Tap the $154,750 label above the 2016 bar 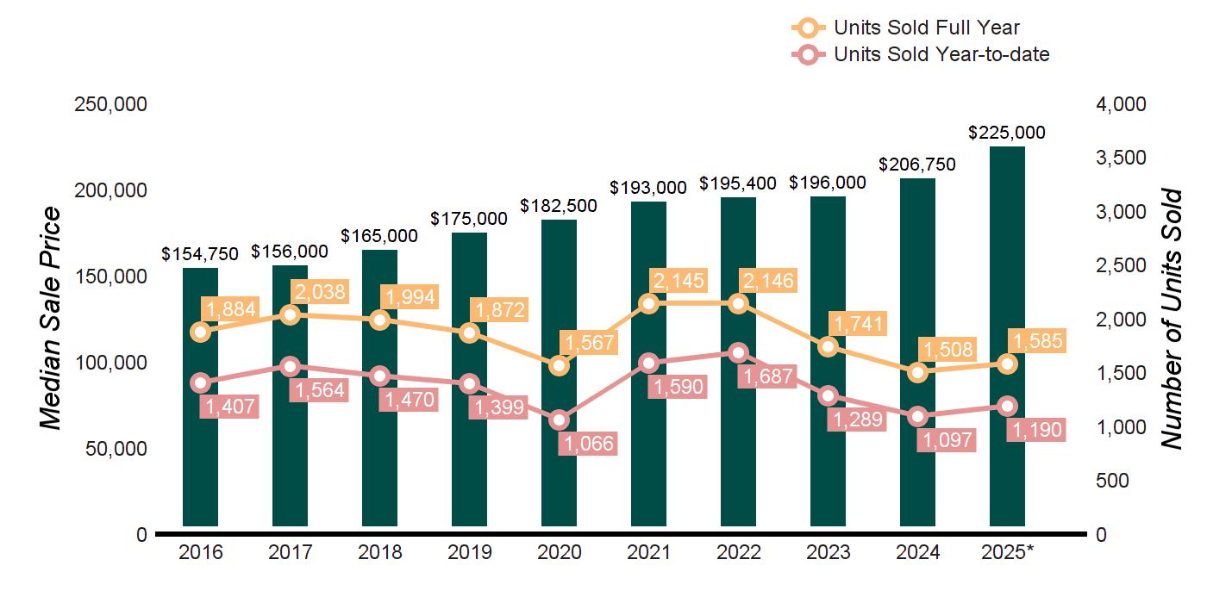200,254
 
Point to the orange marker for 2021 648,303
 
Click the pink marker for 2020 559,420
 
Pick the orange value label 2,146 766,280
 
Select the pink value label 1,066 587,444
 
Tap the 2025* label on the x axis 1007,552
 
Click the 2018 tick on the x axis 379,552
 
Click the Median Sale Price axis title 52,319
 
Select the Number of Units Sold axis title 1171,319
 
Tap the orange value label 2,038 318,292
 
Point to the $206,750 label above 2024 917,165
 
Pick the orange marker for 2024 917,372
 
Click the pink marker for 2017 290,366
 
